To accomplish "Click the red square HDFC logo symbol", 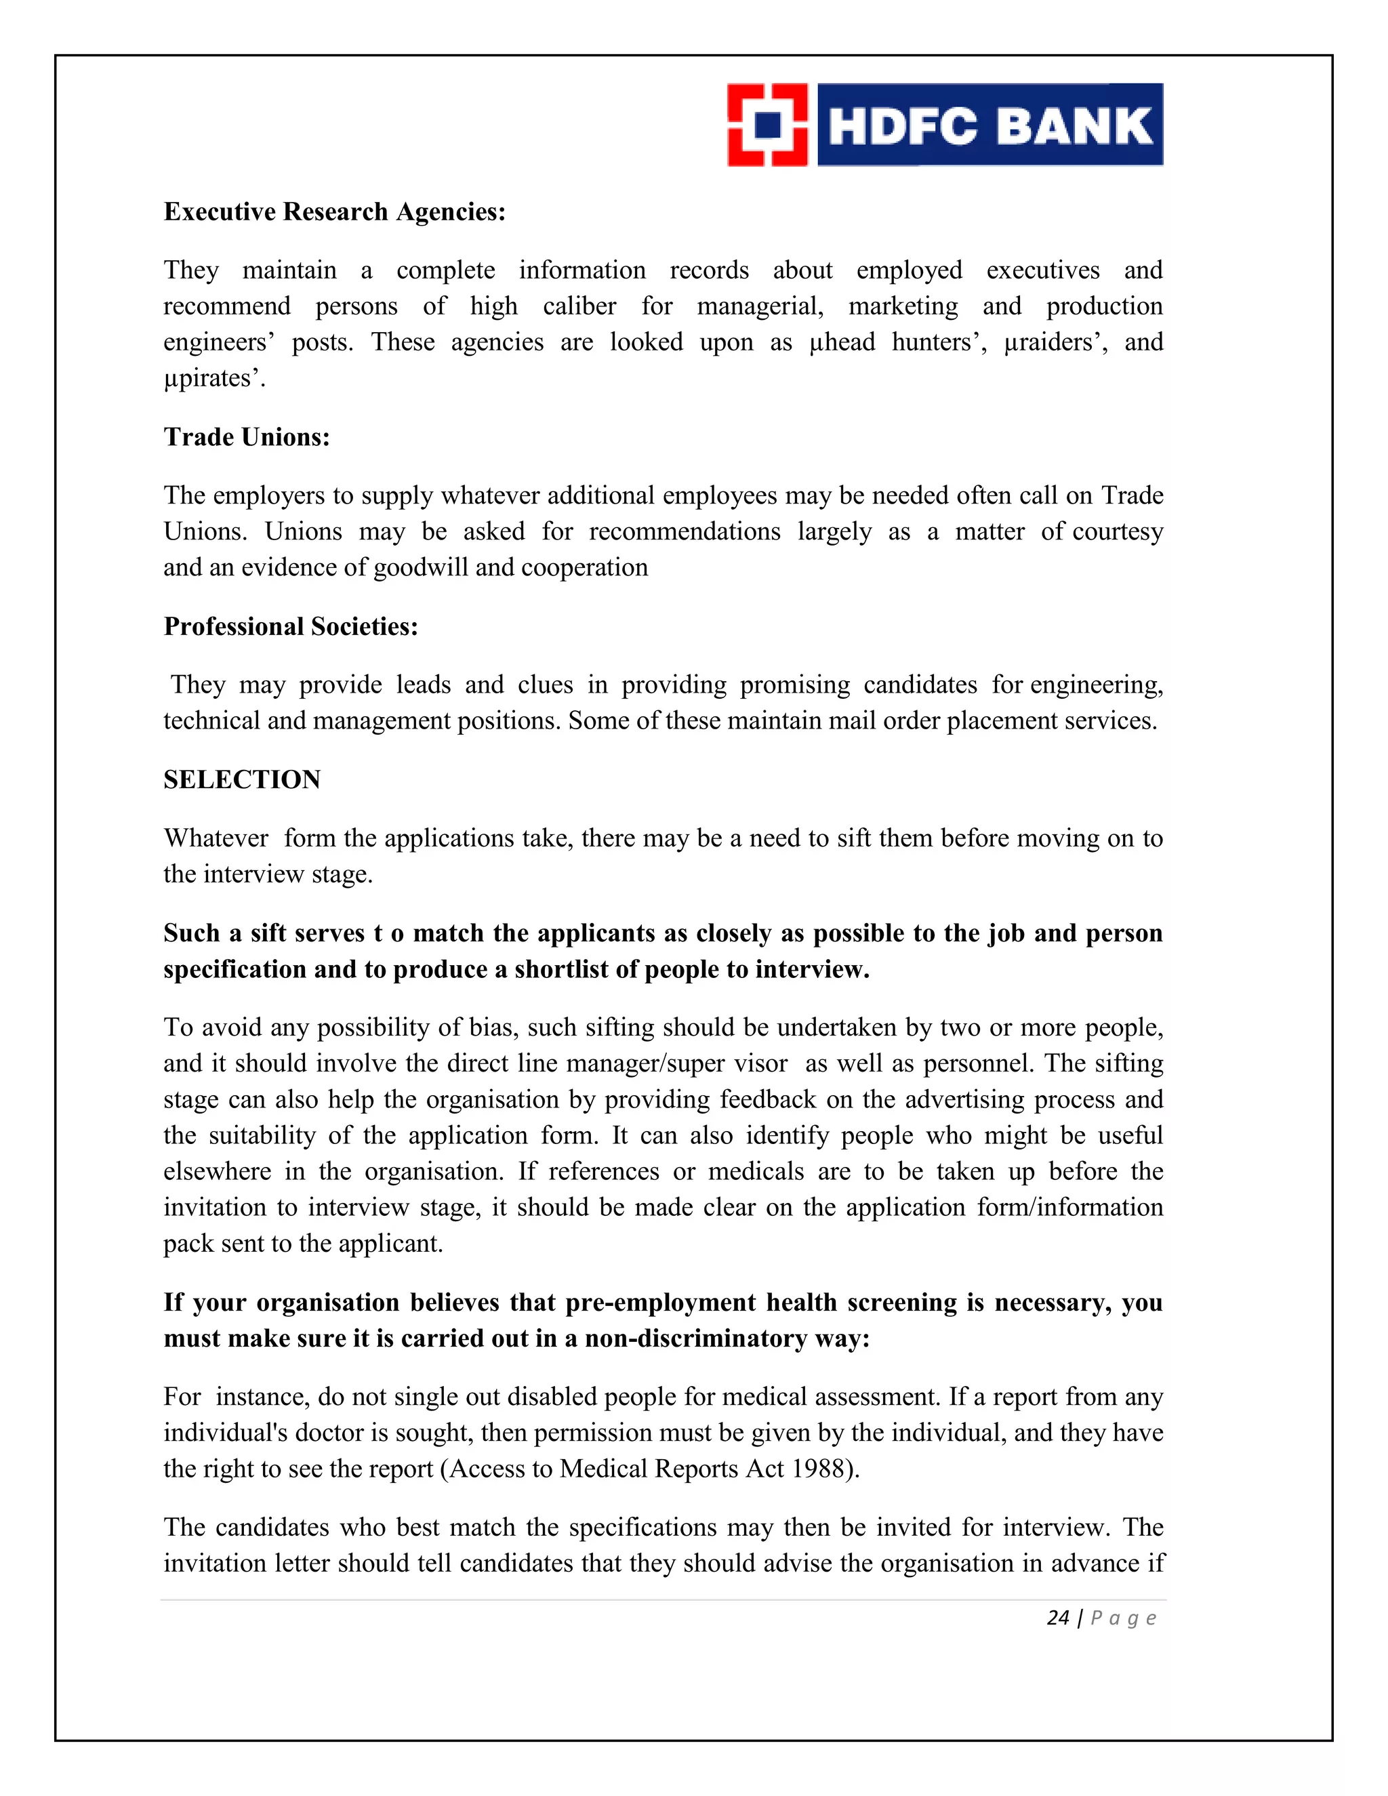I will coord(767,125).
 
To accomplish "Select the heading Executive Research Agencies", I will coord(334,212).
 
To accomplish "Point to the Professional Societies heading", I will coord(291,627).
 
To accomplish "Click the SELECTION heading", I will coord(242,779).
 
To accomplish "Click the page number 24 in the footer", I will coord(1057,1618).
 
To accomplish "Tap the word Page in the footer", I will coord(1123,1618).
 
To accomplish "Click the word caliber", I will coord(579,307).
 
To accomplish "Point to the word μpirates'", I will coord(213,378).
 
